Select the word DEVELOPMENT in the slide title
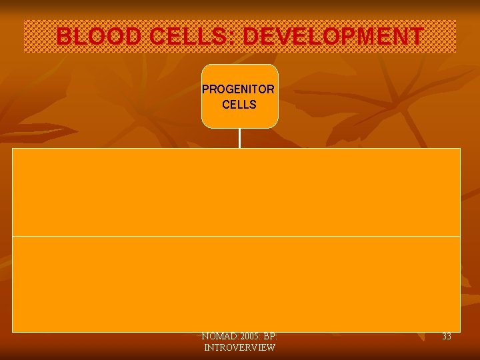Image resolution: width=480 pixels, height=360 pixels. pos(333,37)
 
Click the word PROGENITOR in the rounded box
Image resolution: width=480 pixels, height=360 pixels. pos(239,89)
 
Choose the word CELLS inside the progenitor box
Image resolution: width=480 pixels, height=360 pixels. pos(239,105)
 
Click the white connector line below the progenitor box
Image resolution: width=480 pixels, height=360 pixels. pos(239,138)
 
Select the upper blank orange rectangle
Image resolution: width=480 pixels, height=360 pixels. pos(236,192)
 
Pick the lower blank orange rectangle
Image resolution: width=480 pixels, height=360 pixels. pos(236,283)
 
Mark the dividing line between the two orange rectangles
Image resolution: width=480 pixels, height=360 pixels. pos(236,236)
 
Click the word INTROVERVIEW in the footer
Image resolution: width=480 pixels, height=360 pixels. pos(239,348)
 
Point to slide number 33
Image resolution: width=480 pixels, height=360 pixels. pos(446,337)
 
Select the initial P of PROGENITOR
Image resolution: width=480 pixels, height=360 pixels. pos(205,89)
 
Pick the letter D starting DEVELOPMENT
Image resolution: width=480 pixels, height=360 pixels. pos(251,37)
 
